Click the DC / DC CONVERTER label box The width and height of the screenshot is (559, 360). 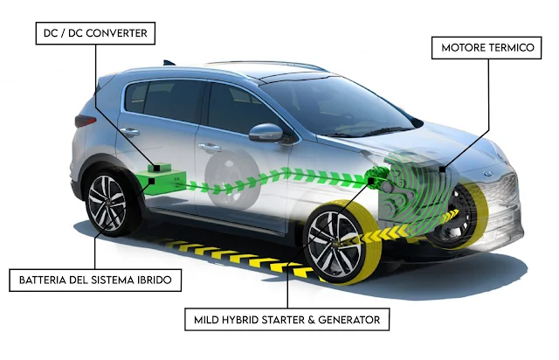93,36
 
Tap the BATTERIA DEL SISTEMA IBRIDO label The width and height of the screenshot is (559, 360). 94,281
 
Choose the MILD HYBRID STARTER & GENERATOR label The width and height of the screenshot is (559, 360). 286,321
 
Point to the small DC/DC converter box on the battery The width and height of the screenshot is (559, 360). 159,165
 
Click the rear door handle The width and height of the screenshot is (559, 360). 130,132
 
